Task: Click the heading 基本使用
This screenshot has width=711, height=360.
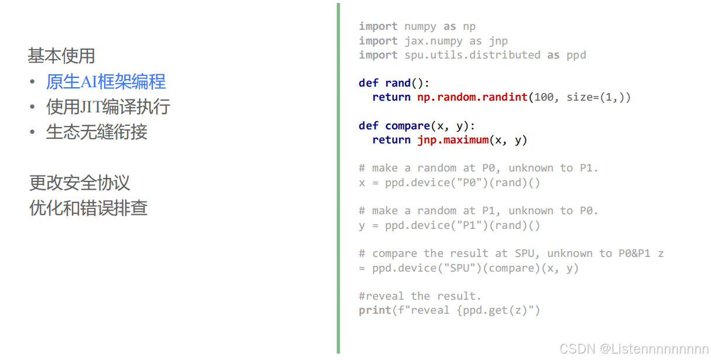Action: [x=61, y=56]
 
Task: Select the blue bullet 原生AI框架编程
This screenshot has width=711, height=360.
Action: [x=105, y=82]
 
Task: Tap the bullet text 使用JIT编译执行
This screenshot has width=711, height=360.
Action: [x=108, y=107]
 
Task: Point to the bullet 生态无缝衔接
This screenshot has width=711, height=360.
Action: [x=97, y=132]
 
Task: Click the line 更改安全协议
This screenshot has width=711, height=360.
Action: [x=80, y=183]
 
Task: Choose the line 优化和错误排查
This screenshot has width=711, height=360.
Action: [x=88, y=208]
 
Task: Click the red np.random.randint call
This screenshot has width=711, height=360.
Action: [x=472, y=97]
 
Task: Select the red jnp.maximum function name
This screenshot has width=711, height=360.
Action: [x=452, y=140]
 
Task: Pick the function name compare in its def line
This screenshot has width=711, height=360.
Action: [x=408, y=126]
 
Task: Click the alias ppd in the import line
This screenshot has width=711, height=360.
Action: [x=576, y=55]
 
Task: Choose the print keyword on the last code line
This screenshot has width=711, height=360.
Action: [x=375, y=310]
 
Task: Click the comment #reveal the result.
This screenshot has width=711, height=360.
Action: [x=420, y=296]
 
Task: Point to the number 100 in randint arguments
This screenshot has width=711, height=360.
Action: [x=544, y=97]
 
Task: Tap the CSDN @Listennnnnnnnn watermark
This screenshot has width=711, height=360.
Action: [x=634, y=349]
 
